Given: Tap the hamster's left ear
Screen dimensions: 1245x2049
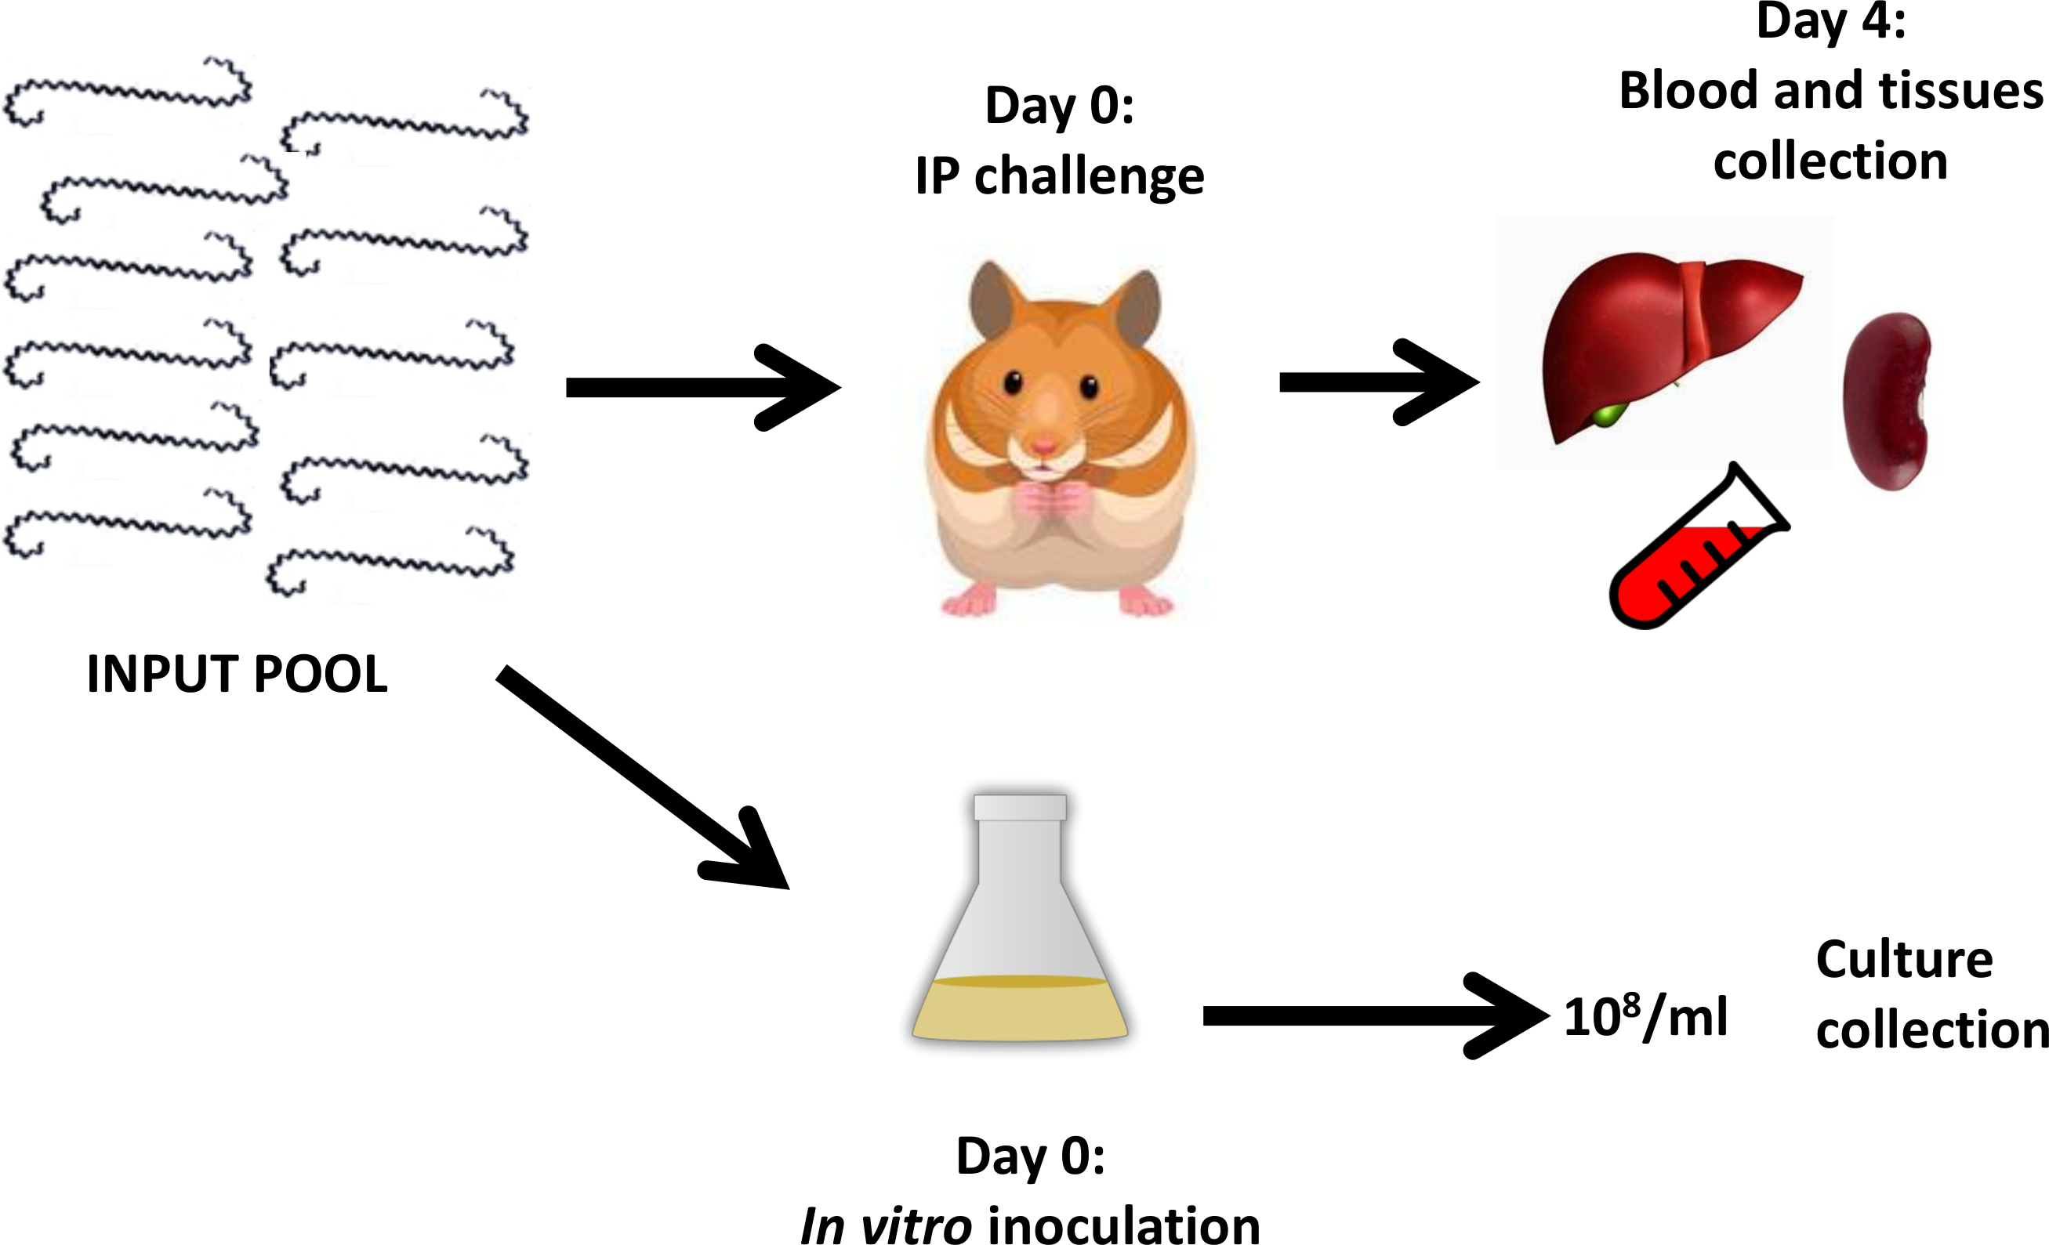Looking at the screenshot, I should pyautogui.click(x=993, y=299).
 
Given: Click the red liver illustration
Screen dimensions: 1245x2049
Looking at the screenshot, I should pyautogui.click(x=1655, y=341).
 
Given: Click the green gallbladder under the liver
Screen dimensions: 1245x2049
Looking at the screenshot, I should pyautogui.click(x=1610, y=414).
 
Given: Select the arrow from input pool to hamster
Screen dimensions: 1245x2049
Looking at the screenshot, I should pyautogui.click(x=702, y=387).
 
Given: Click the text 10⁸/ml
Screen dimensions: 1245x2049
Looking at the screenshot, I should pyautogui.click(x=1645, y=1015).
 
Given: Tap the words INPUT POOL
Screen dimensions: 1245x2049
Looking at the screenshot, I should pyautogui.click(x=237, y=674).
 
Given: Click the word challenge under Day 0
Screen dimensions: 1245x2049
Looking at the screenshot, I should pyautogui.click(x=1089, y=177).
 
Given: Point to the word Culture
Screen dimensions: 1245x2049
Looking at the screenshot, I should pyautogui.click(x=1904, y=960).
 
